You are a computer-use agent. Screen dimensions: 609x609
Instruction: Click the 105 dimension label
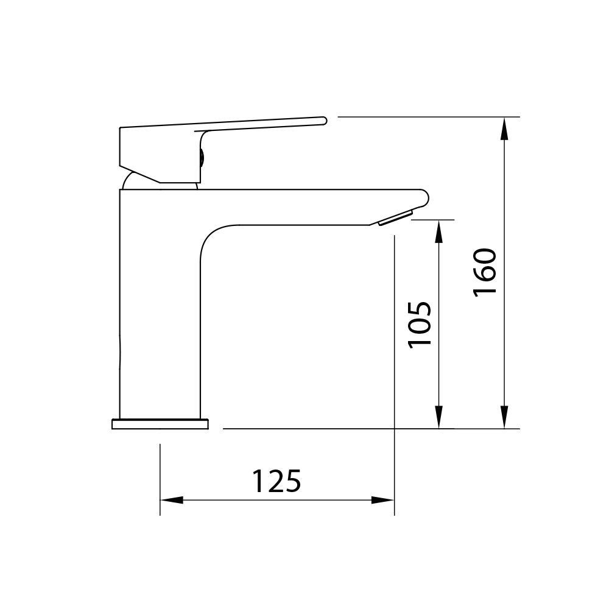(x=420, y=325)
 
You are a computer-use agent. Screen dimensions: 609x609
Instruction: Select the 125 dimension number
(x=276, y=481)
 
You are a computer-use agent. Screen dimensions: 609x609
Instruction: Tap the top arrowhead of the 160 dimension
(x=504, y=128)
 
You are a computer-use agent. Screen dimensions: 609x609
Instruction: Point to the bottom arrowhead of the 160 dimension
(x=504, y=417)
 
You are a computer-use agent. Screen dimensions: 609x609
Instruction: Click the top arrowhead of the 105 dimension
(x=438, y=231)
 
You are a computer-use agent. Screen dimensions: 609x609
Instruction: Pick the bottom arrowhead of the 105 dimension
(x=438, y=417)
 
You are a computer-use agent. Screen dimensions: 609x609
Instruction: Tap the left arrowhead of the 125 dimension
(x=172, y=500)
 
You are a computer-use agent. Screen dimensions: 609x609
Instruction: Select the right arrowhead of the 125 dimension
(x=382, y=500)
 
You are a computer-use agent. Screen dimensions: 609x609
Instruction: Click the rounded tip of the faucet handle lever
(x=323, y=121)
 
